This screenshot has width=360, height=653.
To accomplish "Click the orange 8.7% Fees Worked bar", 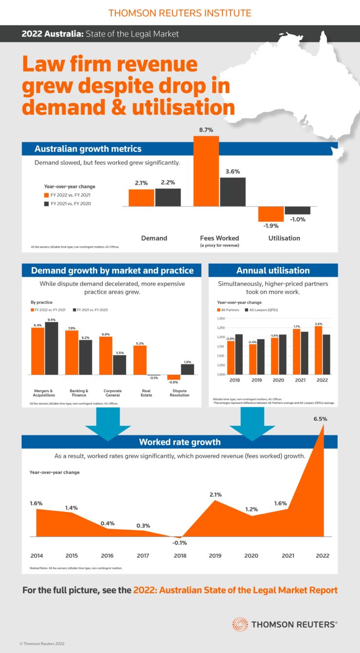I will point(206,171).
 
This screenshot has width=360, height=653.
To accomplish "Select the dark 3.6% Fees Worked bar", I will point(233,192).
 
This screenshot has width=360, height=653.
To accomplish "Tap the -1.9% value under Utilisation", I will point(271,226).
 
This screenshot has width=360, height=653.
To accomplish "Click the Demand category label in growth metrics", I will point(154,238).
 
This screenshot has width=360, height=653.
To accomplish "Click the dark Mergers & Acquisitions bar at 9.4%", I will point(52,348).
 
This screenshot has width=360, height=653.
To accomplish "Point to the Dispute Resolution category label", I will point(180,393).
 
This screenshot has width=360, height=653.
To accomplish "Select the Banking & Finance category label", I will point(79,393).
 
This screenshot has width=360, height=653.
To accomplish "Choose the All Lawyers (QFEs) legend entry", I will point(263,309).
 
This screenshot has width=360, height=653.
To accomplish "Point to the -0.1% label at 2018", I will point(179,543).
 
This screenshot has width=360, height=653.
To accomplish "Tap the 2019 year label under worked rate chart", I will point(215,556).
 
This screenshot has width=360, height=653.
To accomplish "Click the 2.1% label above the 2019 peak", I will point(216,495).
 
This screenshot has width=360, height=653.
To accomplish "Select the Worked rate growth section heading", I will point(180,442).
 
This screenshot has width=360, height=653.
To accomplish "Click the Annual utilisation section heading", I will point(273,271).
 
